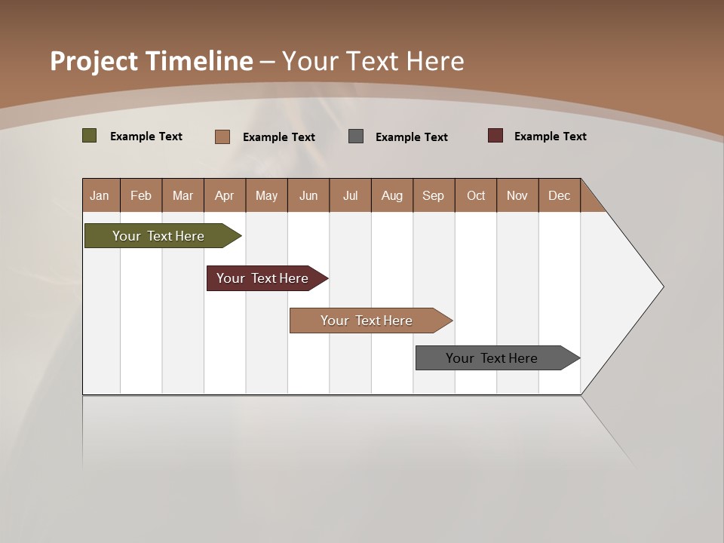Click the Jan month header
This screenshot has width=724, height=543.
tap(100, 195)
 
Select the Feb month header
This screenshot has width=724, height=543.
tap(141, 195)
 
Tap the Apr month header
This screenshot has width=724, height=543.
tap(224, 195)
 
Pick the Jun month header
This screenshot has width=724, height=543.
tap(308, 195)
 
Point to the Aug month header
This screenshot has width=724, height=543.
tap(391, 195)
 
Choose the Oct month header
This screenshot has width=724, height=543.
tap(476, 195)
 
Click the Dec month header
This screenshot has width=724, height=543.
tap(559, 195)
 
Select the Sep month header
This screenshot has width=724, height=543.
tap(433, 195)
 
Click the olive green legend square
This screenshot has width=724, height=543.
tap(90, 136)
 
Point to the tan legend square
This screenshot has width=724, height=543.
tap(222, 137)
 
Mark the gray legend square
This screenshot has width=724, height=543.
tap(356, 137)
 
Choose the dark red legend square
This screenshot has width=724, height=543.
tap(495, 136)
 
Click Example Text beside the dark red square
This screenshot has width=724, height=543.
tap(550, 137)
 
